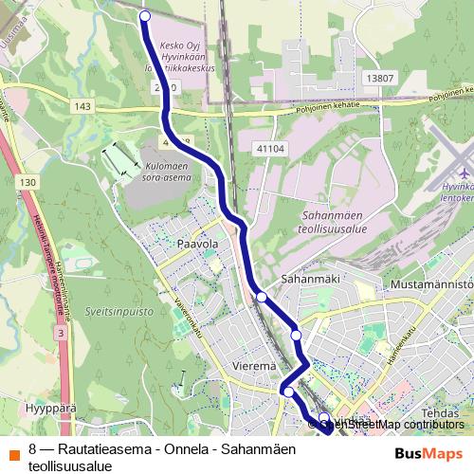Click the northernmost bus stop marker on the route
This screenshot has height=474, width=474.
pos(145,16)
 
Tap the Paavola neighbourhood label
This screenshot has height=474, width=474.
pos(198,244)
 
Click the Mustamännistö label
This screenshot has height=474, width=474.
pos(431,283)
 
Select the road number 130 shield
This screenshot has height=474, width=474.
pos(29,181)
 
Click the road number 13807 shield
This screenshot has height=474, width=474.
pos(379,78)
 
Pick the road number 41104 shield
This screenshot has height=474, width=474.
pos(269,149)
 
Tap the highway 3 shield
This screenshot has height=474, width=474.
pos(61,334)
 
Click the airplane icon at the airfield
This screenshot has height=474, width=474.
pos(465,173)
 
